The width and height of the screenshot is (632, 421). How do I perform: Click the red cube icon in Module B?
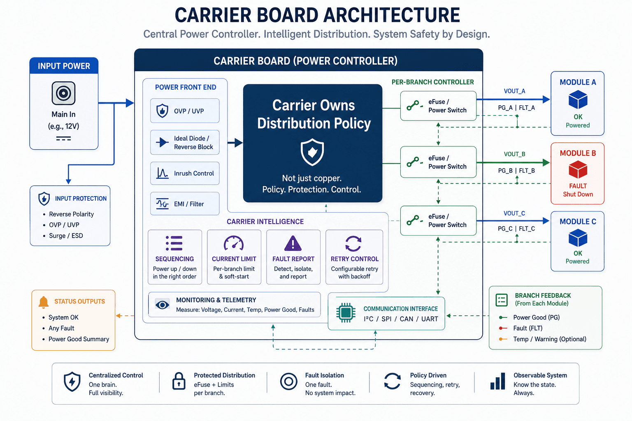tap(578, 169)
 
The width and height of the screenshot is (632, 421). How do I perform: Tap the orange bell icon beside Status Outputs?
tap(44, 302)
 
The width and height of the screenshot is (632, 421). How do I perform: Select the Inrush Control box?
tap(185, 173)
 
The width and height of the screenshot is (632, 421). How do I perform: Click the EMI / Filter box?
tap(185, 204)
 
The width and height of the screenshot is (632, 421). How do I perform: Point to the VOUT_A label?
tap(514, 91)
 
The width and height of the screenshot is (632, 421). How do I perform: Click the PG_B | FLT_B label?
tap(516, 171)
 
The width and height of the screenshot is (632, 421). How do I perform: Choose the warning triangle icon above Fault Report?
tap(293, 243)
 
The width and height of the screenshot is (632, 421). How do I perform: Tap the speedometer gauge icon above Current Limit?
tap(234, 243)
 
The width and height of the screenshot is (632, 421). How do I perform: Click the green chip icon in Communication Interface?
tap(346, 313)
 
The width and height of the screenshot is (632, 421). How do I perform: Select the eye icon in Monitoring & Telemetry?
tap(162, 305)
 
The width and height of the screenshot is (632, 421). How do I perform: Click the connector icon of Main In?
tap(63, 93)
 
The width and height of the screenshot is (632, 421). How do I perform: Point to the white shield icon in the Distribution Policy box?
tap(312, 152)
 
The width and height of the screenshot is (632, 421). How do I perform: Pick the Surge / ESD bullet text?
tap(66, 236)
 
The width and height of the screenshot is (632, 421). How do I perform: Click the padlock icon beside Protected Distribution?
tap(179, 381)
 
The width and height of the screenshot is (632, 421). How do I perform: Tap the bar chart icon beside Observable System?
tap(498, 381)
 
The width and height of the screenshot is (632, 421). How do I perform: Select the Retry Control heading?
tap(354, 259)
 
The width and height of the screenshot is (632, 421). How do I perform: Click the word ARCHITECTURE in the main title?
tap(392, 15)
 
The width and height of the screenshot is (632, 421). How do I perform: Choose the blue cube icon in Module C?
tap(578, 238)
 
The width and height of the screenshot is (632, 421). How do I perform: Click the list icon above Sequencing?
tap(174, 243)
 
